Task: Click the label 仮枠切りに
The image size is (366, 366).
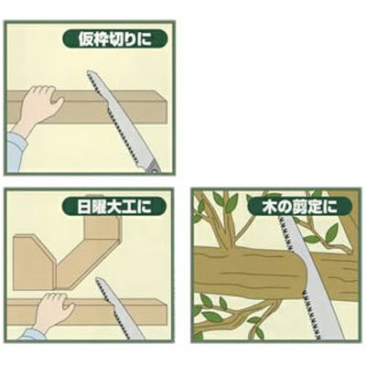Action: coord(115,39)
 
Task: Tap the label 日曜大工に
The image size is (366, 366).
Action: coord(114,207)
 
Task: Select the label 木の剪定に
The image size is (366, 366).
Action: coord(300,206)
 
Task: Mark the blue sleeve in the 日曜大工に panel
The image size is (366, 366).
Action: coord(29,335)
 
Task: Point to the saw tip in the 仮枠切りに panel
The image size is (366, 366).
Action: coord(89,72)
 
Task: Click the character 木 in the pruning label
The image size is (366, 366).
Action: coord(269,207)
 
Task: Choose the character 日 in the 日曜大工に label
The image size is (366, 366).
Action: coord(83,208)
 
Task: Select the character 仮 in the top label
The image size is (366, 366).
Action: coord(86,39)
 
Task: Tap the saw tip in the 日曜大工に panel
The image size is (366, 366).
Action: coord(97,278)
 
